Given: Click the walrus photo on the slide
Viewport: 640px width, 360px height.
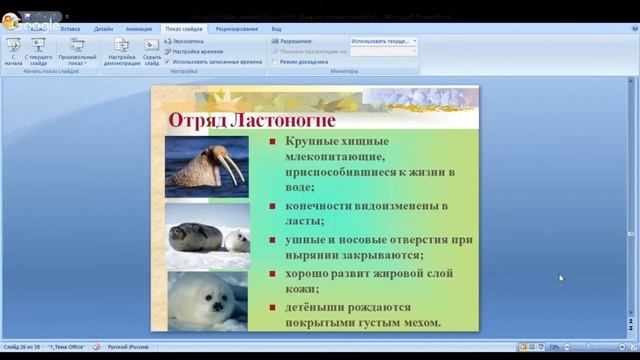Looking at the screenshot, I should pos(207,166).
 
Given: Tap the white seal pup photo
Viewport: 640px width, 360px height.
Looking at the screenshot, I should pos(207,297).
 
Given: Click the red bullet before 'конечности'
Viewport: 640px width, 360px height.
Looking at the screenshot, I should pos(272,207).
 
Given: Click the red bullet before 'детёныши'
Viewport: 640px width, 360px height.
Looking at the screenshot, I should pos(272,306).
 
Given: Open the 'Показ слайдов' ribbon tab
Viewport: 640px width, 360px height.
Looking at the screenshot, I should pos(184,30).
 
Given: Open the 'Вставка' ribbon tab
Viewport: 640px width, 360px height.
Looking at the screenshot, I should pos(70,30).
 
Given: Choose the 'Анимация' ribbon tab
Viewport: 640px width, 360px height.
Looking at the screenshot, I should pos(139,30).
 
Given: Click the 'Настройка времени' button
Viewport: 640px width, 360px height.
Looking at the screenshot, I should pos(200,51).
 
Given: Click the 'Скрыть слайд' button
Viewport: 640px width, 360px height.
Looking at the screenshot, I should pos(152,52).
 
